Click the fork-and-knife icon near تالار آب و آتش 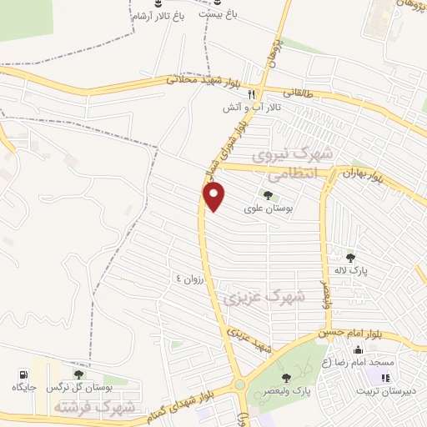[x=261, y=95]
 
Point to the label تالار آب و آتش [x=250, y=108]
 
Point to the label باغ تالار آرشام [x=155, y=17]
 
